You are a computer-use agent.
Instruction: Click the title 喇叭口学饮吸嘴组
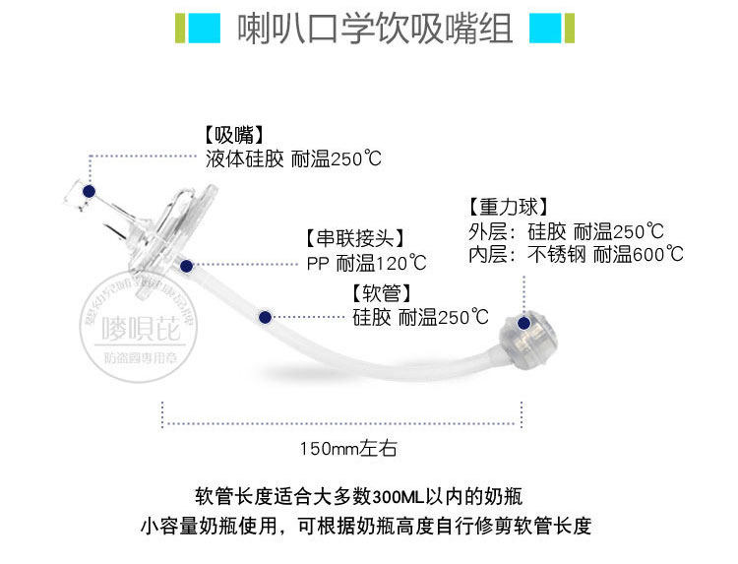375,31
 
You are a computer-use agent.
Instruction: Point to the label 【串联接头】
355,238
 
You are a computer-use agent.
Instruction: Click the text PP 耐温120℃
367,263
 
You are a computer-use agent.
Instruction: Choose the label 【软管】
381,293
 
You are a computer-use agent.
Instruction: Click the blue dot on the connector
184,266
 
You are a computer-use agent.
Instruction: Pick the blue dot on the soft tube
264,316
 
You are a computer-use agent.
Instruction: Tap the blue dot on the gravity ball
524,322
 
